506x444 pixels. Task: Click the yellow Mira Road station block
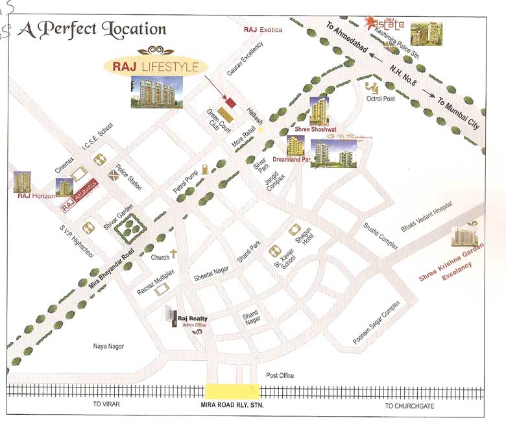tap(232, 391)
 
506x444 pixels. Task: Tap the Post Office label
tap(280, 376)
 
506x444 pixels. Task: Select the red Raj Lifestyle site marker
tap(230, 101)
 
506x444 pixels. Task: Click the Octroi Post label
tap(381, 99)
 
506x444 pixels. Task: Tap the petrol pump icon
tap(206, 168)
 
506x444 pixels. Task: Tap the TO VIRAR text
tap(106, 404)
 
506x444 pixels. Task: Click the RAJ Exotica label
tap(263, 30)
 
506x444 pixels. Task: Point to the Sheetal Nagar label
tap(211, 275)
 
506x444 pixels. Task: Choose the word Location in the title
tap(134, 29)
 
